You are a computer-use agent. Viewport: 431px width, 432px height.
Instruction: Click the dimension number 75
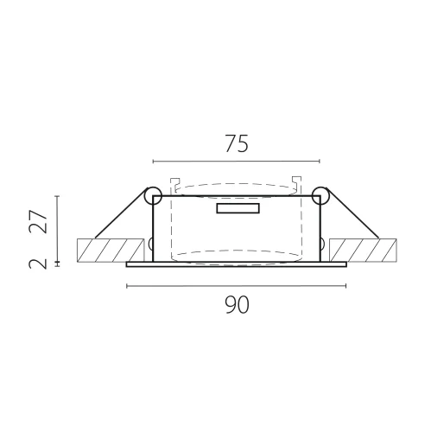point(237,143)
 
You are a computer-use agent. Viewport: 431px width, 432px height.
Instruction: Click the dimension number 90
point(237,305)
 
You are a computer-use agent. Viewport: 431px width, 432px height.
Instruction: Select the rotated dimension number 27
point(38,221)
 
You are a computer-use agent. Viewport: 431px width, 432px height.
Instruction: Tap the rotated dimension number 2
point(38,264)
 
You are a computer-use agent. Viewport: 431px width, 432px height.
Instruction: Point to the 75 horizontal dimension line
point(237,162)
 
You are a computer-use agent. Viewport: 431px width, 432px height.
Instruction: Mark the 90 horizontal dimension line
point(237,286)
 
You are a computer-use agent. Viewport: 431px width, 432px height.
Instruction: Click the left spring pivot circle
point(153,196)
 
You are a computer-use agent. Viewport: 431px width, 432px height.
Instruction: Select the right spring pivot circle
point(320,196)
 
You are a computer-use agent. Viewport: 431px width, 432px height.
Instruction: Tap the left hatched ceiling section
point(111,251)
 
